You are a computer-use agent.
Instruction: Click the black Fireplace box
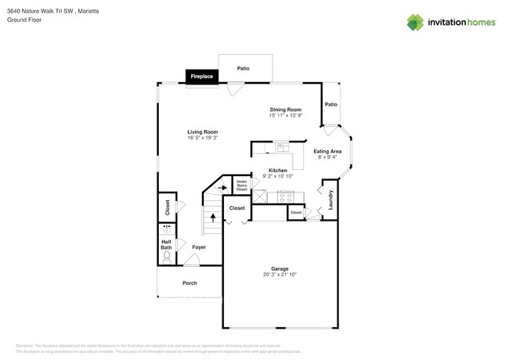(201, 76)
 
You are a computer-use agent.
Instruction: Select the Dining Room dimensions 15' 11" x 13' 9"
(286, 115)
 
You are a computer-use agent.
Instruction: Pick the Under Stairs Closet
(241, 185)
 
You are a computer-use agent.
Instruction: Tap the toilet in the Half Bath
(167, 255)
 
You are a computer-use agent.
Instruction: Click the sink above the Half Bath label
(167, 230)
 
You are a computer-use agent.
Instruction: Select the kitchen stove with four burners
(285, 197)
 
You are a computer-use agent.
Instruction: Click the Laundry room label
(330, 199)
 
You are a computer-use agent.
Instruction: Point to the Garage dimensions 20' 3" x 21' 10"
(280, 275)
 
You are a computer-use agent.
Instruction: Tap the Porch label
(190, 283)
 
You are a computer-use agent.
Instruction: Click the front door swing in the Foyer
(190, 259)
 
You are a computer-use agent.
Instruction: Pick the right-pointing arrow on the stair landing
(222, 188)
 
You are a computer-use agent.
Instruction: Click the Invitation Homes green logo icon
(414, 23)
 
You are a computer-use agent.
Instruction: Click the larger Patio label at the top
(244, 69)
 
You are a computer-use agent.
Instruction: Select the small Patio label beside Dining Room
(331, 104)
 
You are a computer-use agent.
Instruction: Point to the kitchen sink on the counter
(282, 146)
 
